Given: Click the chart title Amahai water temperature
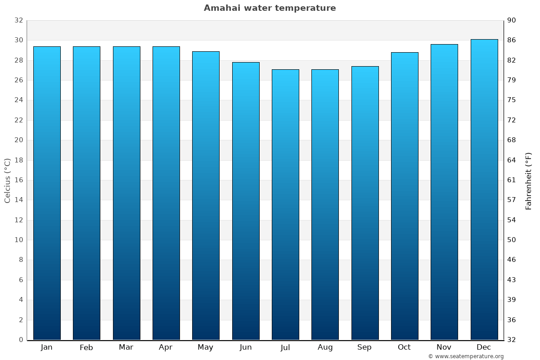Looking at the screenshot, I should point(270,8).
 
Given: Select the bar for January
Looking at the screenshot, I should point(47,193).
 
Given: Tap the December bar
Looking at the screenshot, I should point(484,189).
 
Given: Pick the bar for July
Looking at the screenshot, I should point(285,205).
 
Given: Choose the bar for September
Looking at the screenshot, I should point(365,202).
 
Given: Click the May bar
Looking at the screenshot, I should point(206,196).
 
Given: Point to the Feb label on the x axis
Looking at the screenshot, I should point(86,347).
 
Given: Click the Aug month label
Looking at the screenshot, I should point(325,347).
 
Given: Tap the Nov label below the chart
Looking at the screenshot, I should point(444,347).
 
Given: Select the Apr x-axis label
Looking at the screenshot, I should point(166,347).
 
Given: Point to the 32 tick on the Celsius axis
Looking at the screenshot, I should point(18,20).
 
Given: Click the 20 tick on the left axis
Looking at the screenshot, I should point(18,140).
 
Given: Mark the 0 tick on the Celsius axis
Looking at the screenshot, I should point(21,340).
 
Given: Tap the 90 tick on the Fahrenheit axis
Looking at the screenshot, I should point(512,20).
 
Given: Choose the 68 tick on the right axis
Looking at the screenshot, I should point(512,140).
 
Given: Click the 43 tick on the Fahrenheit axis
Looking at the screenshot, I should point(512,280).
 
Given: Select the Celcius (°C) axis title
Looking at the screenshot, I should point(8,180).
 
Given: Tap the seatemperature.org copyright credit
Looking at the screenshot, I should point(466,356).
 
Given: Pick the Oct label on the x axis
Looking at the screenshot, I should point(404,347).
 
